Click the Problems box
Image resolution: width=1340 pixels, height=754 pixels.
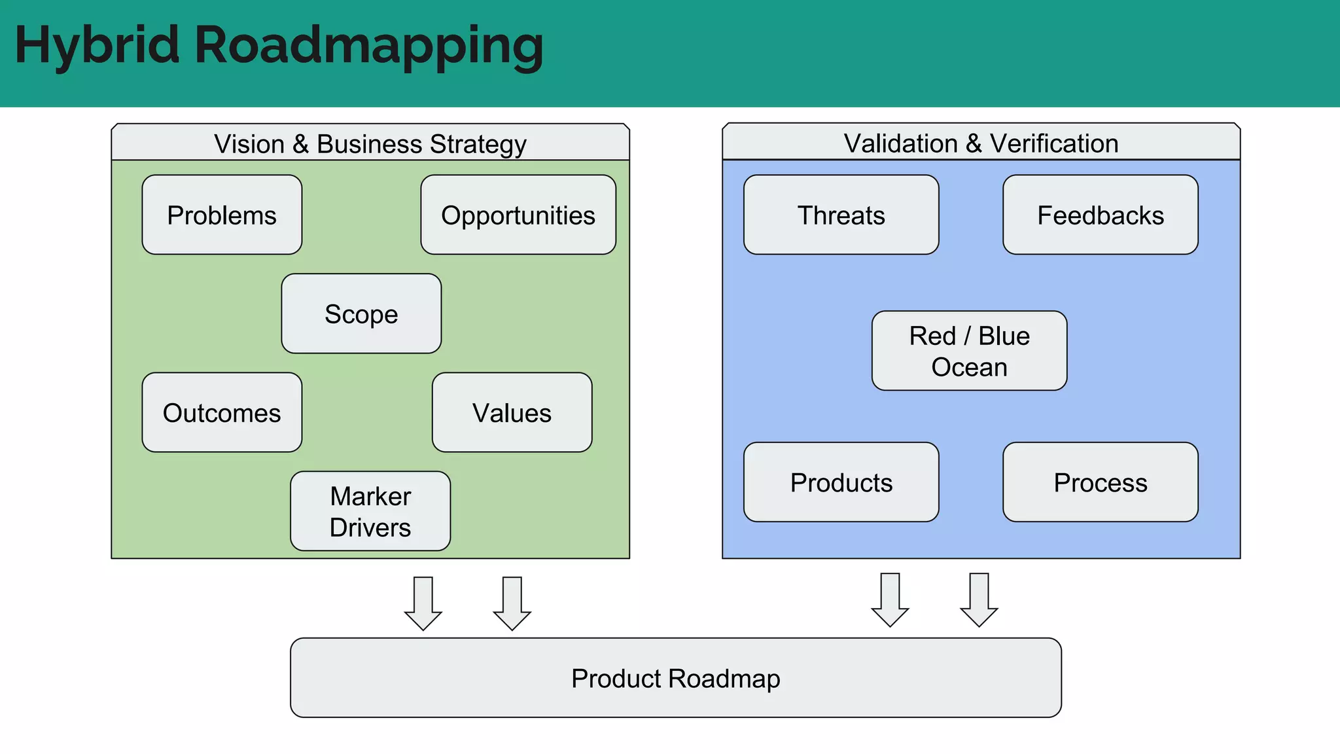tap(222, 215)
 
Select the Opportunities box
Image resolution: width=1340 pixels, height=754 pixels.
tap(518, 215)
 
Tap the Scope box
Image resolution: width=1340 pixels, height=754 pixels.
tap(361, 314)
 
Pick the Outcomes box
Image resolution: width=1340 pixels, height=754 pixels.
tap(222, 412)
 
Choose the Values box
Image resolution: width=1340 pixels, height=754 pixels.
tap(512, 412)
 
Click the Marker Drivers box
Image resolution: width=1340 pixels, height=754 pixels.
tap(370, 511)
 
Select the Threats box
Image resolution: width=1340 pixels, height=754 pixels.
tap(841, 215)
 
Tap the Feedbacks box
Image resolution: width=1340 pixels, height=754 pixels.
tap(1100, 215)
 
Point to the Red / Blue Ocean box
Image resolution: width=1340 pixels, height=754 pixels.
tap(969, 351)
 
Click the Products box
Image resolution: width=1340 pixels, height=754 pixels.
tap(841, 482)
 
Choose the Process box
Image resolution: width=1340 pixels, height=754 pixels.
tap(1100, 482)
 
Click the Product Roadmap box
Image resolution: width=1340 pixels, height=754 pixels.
tap(675, 678)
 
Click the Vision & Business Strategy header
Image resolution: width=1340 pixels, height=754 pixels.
tap(370, 143)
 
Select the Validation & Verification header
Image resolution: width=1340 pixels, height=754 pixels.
tap(981, 143)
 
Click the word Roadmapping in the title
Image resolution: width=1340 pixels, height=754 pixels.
tap(368, 46)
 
